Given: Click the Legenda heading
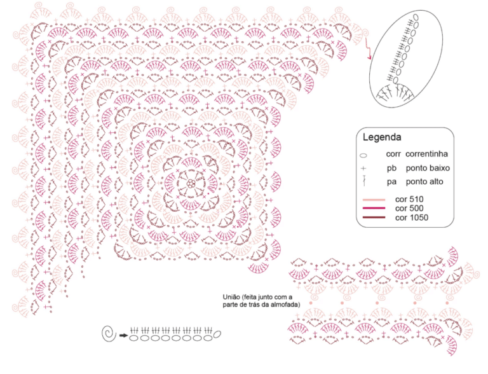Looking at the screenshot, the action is click(382, 137).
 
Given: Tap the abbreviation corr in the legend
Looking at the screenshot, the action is click(393, 154).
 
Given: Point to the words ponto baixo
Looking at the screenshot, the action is click(428, 169).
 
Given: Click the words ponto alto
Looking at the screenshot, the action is click(424, 182).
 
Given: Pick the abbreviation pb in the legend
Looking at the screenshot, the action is click(391, 169).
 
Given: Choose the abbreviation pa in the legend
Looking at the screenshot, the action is click(391, 183).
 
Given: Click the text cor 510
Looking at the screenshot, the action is click(409, 200).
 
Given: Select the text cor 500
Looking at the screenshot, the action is click(409, 209).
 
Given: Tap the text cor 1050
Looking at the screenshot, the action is click(412, 218).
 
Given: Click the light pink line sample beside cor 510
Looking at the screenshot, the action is click(374, 200).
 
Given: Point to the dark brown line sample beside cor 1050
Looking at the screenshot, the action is click(374, 218).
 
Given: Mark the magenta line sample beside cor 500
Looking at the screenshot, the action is click(374, 208).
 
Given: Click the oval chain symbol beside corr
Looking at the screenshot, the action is click(363, 155).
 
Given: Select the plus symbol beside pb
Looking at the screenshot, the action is click(363, 169).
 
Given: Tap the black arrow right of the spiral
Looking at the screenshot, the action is click(123, 335).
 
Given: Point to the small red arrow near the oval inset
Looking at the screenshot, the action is click(367, 48).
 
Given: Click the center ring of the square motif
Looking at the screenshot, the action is click(191, 184).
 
